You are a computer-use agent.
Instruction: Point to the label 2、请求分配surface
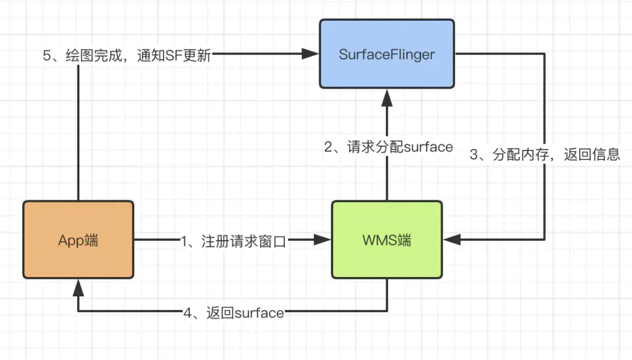click(389, 147)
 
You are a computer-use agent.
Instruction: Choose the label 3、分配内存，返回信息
click(545, 155)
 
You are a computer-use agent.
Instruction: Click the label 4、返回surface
click(233, 313)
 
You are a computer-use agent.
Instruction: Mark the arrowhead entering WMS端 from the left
click(324, 240)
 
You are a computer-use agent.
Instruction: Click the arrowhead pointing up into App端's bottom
click(78, 287)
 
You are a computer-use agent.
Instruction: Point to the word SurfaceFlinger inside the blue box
click(387, 54)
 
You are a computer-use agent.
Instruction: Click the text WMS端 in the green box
click(387, 241)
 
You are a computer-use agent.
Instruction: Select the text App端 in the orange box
click(78, 241)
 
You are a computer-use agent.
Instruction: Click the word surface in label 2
click(428, 147)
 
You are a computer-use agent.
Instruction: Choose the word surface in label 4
click(259, 313)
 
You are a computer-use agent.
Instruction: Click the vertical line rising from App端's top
click(78, 130)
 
